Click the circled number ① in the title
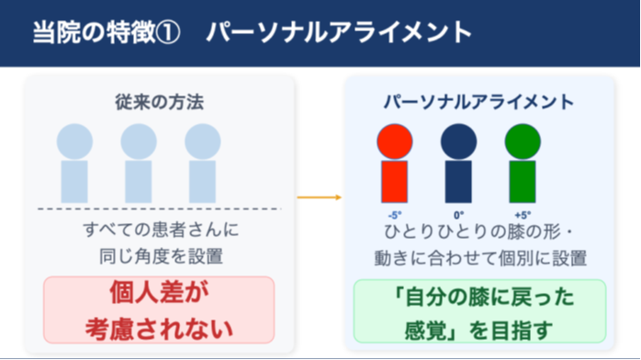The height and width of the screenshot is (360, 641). [x=168, y=32]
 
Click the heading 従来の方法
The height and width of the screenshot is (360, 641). [x=160, y=102]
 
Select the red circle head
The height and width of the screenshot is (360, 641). [x=395, y=141]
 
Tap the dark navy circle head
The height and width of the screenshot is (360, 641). [x=458, y=141]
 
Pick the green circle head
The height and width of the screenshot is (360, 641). [x=523, y=141]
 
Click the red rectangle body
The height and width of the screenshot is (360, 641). [x=395, y=182]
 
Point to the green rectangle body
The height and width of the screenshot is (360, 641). [x=523, y=182]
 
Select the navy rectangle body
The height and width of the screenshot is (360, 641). [x=458, y=182]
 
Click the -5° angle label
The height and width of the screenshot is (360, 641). [x=395, y=215]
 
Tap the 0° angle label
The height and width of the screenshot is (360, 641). [x=458, y=215]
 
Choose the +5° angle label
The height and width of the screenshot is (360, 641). [x=523, y=215]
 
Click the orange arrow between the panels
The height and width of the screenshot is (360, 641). [x=320, y=197]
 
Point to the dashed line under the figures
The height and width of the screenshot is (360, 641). [x=160, y=208]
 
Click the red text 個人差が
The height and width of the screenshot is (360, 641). [x=159, y=293]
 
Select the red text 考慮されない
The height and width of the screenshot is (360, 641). [x=159, y=329]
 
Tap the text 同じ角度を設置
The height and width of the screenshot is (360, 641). [x=161, y=256]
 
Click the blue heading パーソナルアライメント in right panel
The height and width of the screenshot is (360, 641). [x=478, y=102]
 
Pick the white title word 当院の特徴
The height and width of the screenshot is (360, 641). [x=94, y=32]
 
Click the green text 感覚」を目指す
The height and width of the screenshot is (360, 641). [x=478, y=331]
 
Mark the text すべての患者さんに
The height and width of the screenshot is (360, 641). [x=161, y=230]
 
